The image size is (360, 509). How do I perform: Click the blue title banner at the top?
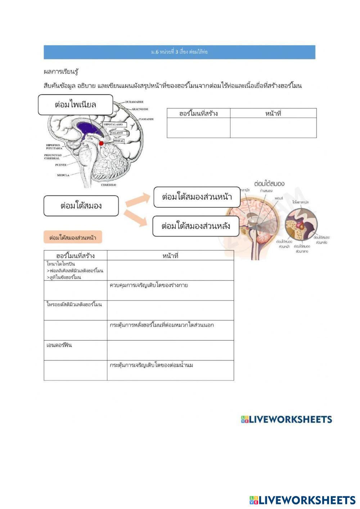(x=179, y=52)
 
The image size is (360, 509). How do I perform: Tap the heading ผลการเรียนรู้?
(x=61, y=72)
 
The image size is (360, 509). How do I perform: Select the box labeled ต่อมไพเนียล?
(x=76, y=105)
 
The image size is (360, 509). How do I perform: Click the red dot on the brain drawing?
(x=102, y=143)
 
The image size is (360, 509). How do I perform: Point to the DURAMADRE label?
(x=134, y=102)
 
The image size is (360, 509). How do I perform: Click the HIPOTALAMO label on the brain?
(x=113, y=124)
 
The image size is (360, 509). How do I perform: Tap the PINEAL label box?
(x=119, y=141)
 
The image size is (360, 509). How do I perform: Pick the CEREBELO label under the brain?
(x=108, y=185)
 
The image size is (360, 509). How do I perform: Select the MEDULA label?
(x=63, y=175)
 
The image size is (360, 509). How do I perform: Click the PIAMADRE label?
(x=146, y=119)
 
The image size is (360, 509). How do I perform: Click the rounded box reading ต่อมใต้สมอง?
(x=81, y=206)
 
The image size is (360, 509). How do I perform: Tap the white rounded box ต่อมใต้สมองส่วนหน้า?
(x=197, y=197)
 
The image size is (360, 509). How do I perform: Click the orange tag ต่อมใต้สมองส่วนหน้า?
(x=73, y=238)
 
